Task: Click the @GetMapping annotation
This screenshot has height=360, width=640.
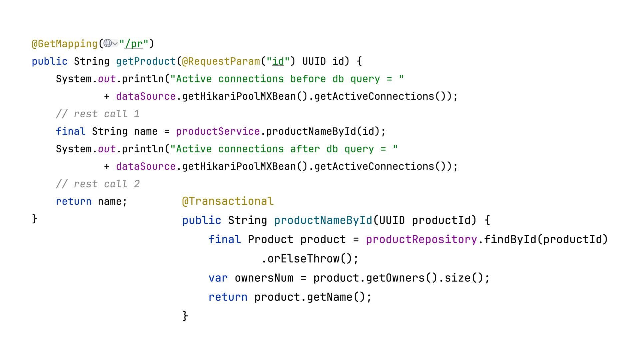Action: click(64, 44)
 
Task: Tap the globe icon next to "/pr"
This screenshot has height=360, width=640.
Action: click(108, 43)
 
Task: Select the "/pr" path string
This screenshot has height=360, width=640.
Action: click(134, 44)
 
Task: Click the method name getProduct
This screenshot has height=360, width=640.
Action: click(146, 61)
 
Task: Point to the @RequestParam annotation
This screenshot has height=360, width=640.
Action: click(221, 61)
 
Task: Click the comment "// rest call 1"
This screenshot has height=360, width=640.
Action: click(98, 114)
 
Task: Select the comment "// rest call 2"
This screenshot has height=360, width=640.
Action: click(98, 184)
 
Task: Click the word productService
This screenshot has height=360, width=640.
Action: click(218, 131)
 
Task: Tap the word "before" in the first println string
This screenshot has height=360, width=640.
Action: click(308, 79)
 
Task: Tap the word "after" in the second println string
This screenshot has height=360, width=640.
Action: click(305, 149)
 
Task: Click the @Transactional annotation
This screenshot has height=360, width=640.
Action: click(228, 201)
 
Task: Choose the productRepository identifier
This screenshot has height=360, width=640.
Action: click(421, 240)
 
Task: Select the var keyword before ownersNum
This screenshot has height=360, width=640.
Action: click(218, 278)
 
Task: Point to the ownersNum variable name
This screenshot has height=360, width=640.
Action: click(264, 278)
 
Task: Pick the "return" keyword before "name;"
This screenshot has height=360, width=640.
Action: click(73, 202)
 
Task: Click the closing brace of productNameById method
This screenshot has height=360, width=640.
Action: click(185, 316)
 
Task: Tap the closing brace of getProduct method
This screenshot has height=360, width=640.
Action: click(35, 219)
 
